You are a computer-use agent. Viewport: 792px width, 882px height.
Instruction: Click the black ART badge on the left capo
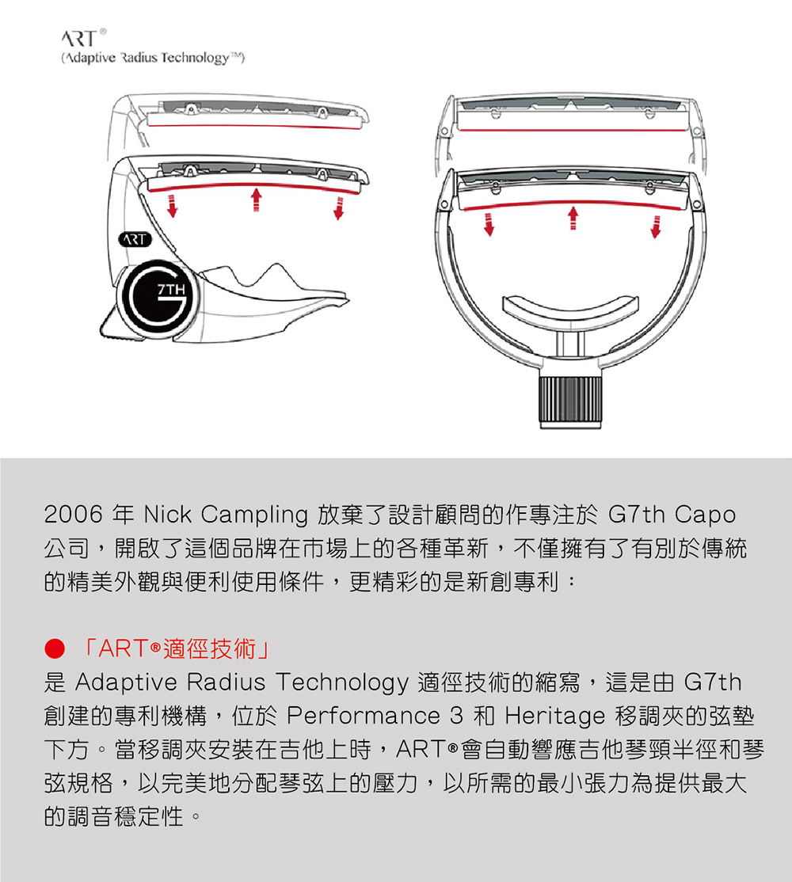pos(135,240)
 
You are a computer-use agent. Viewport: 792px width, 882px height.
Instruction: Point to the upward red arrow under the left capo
pos(256,200)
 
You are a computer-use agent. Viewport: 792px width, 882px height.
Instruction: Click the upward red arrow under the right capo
pos(573,219)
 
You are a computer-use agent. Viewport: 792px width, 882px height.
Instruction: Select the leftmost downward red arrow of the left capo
pos(172,207)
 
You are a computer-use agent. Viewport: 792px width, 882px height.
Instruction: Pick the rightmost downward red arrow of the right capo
pos(655,226)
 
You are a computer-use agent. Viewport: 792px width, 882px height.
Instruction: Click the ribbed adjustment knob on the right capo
pos(570,401)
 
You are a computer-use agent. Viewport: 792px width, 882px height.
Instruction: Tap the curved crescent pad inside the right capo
pos(570,310)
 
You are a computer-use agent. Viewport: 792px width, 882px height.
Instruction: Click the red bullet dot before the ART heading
pos(55,648)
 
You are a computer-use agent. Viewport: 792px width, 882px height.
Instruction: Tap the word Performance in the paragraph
pos(364,716)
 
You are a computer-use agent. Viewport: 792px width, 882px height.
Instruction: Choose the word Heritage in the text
pos(555,717)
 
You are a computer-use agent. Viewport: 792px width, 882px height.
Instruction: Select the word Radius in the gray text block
pos(226,682)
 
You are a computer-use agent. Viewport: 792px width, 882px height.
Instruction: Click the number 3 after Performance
pos(457,716)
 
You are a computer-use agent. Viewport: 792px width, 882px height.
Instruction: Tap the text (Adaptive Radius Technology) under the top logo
pos(153,58)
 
